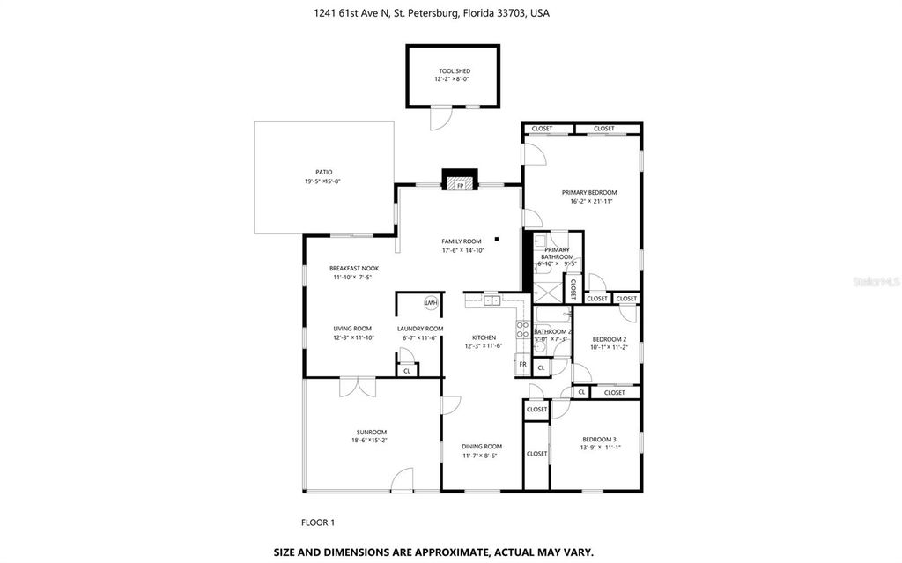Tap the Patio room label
coord(324,172)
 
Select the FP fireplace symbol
coord(459,186)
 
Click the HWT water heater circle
coord(432,303)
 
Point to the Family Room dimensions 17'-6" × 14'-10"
coord(462,250)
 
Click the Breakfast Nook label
coord(353,268)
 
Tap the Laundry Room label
coord(419,329)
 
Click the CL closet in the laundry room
coord(406,371)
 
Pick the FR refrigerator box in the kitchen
coord(522,364)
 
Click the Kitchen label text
coord(484,337)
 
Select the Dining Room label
coord(483,446)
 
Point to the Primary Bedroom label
coord(589,192)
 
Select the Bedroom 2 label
coord(609,338)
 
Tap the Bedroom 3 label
coord(599,439)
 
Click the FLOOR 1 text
coord(318,522)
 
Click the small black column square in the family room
coord(498,238)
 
